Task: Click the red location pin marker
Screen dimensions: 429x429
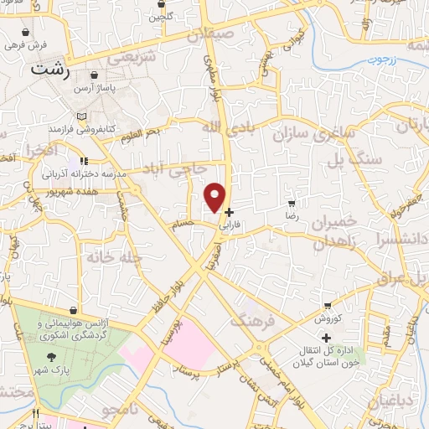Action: click(x=216, y=197)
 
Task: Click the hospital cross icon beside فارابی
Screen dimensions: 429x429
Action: click(x=230, y=213)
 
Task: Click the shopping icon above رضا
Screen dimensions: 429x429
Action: click(x=292, y=203)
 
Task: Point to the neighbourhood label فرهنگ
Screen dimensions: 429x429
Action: click(x=253, y=319)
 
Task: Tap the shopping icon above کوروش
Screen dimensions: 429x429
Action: click(x=327, y=306)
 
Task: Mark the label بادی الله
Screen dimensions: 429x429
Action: click(x=224, y=127)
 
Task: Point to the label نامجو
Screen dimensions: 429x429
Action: click(x=120, y=411)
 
